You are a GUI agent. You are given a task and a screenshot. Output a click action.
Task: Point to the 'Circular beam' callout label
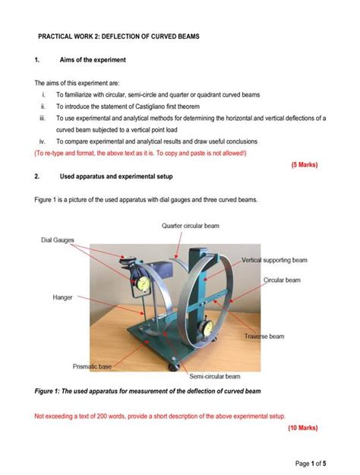282,280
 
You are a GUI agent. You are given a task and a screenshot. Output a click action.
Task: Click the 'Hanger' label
63,297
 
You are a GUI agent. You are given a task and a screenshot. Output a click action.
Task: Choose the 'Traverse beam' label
264,336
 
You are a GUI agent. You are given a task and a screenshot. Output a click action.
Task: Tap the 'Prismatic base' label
92,366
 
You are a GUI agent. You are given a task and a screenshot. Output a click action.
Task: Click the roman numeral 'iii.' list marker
43,118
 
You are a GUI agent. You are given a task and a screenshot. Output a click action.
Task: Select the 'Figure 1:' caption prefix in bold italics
52,393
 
